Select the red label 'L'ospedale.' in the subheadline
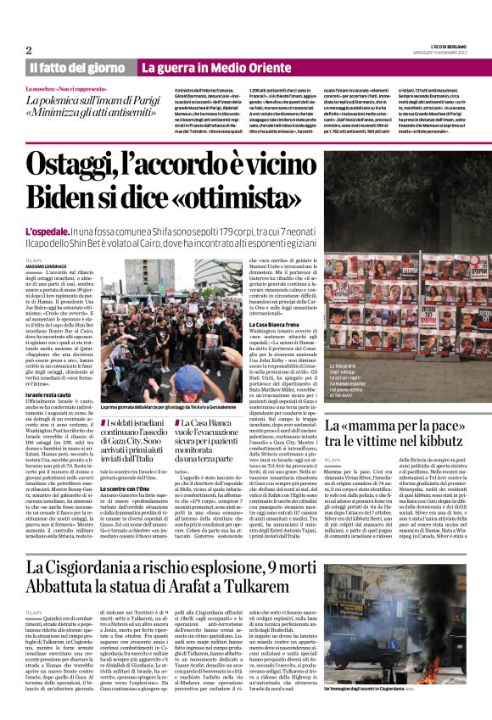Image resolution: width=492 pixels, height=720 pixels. pos(48,231)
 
